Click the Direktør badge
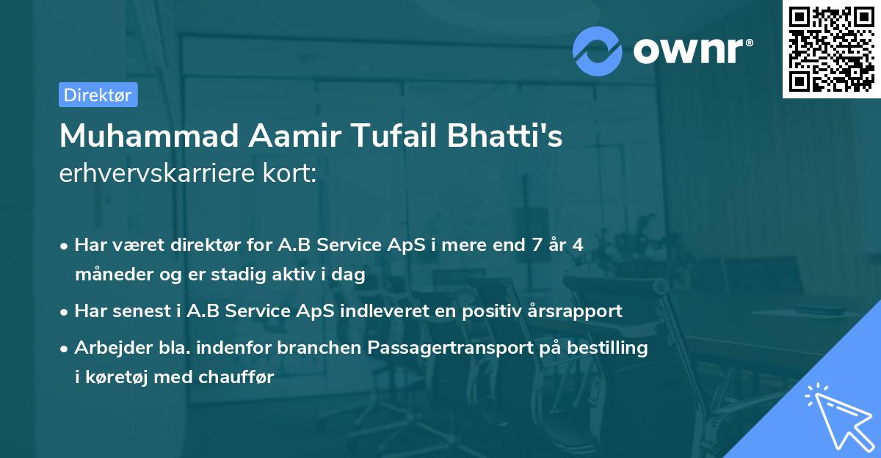coord(98,95)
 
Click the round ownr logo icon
coord(598,51)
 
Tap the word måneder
coord(108,275)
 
